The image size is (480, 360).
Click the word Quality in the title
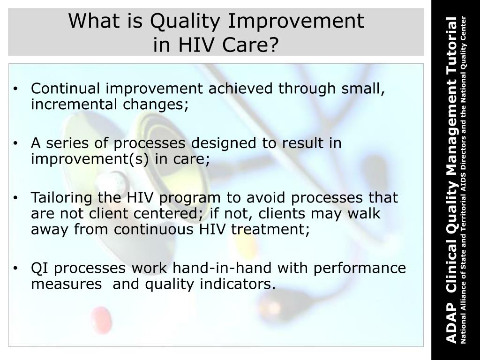coord(185,22)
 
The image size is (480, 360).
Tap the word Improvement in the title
coord(296,22)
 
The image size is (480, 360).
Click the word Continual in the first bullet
coord(65,88)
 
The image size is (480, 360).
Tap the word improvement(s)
coord(90,159)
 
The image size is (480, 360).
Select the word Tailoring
coord(61,198)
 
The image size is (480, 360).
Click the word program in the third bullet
coord(190,198)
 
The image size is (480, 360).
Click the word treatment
coord(270,229)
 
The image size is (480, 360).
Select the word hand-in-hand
coord(222,268)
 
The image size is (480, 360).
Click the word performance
coord(360,269)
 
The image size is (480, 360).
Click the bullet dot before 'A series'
coord(15,143)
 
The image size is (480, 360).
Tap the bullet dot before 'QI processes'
coord(15,268)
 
